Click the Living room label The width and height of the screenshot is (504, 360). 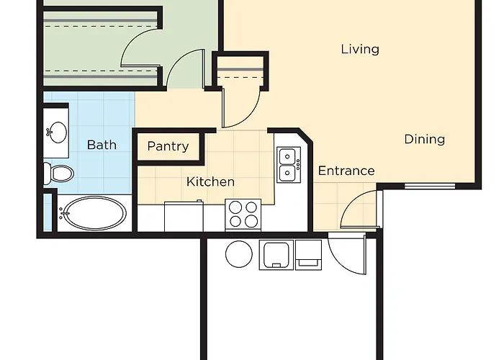click(x=360, y=49)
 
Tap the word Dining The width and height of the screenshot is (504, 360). click(x=424, y=139)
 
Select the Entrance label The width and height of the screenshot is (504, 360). click(x=346, y=171)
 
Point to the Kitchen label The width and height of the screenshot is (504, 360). click(x=210, y=181)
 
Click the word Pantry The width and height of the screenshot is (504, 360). click(x=168, y=146)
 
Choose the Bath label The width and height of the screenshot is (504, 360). click(x=102, y=145)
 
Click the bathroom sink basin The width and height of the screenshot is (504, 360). click(x=57, y=132)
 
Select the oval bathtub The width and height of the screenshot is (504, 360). click(x=94, y=213)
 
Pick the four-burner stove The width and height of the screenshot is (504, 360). click(x=243, y=214)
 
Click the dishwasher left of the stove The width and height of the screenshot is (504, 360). click(x=184, y=216)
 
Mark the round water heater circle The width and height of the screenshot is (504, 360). click(x=238, y=254)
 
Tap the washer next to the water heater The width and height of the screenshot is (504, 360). click(x=274, y=255)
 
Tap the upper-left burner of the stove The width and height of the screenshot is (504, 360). click(x=235, y=207)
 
